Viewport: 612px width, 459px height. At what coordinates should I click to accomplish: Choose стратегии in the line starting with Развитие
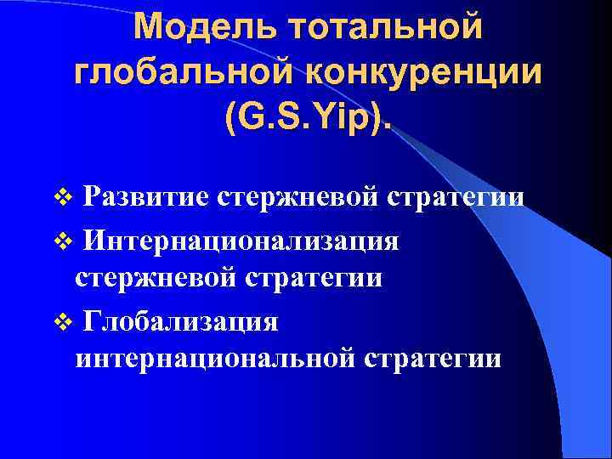click(x=456, y=197)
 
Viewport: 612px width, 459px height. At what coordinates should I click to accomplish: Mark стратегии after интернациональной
click(x=432, y=358)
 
